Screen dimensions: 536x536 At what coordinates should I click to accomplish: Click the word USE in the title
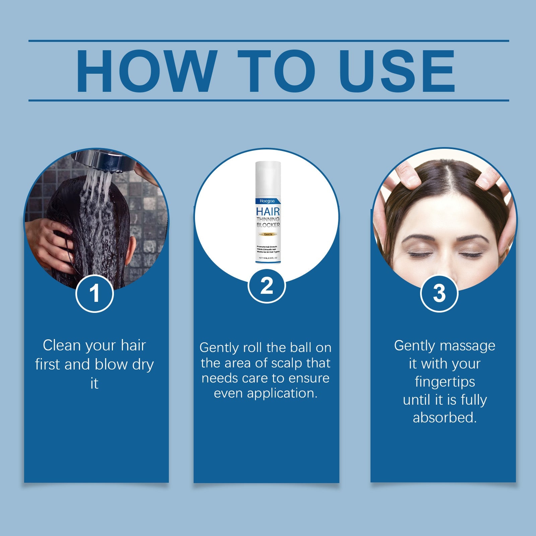(397, 71)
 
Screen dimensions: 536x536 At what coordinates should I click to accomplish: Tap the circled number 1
(94, 293)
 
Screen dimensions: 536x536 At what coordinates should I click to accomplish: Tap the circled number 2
(267, 286)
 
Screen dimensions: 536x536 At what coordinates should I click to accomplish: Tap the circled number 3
(439, 293)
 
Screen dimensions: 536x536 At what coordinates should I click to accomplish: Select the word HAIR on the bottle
(268, 212)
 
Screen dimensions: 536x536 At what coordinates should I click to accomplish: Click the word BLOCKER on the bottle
(268, 225)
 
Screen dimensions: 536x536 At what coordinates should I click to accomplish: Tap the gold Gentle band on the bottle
(268, 234)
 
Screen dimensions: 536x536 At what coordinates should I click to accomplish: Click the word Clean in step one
(62, 345)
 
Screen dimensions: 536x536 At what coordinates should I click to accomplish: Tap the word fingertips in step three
(445, 382)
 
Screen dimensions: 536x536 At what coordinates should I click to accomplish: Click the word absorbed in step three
(444, 418)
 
